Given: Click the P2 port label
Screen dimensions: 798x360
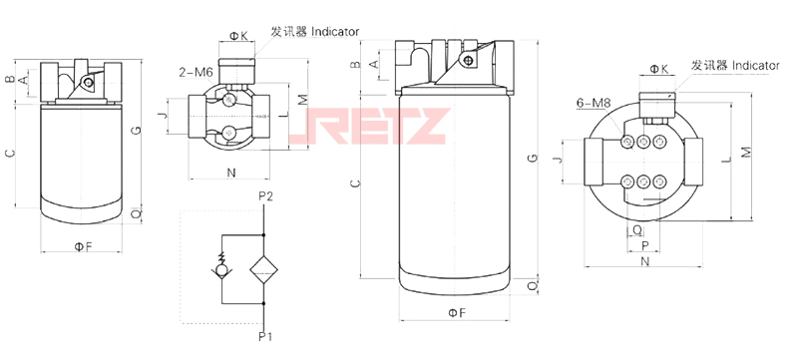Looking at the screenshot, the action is [265, 196].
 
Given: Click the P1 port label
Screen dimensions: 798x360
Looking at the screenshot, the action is [265, 336].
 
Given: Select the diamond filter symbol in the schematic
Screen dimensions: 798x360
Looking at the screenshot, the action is [263, 270].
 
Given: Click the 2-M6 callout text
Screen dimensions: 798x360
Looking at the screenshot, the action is [196, 73].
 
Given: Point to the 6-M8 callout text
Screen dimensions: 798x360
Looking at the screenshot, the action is [593, 104].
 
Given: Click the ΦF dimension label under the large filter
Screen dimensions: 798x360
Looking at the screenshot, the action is [457, 313].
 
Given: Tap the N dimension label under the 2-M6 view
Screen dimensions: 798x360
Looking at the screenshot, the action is [231, 173].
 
